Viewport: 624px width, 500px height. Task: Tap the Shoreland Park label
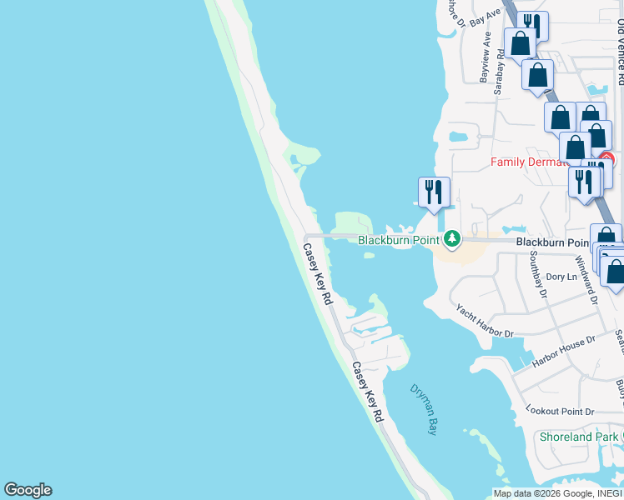coord(578,437)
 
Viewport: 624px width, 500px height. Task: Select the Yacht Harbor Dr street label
coord(485,321)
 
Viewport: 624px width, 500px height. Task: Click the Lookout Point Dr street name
coord(560,411)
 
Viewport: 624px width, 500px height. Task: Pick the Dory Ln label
coord(561,277)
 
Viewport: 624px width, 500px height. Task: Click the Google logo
coord(28,490)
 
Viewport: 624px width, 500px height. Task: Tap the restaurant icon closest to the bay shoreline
coord(434,192)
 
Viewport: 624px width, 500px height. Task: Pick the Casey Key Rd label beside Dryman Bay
coord(367,391)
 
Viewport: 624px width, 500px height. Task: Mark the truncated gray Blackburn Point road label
coord(551,242)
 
